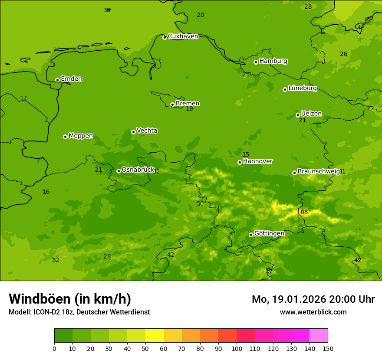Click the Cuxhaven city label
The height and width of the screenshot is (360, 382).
pos(183,36)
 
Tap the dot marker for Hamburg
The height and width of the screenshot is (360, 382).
pos(256,62)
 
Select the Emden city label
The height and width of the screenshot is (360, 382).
pos(71,79)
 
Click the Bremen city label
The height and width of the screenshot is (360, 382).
pos(187,104)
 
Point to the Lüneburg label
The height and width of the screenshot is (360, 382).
pos(302,88)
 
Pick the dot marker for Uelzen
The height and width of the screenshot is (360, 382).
pos(298,115)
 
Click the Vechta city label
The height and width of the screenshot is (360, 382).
pos(147,131)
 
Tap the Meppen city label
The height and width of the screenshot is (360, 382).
pos(80,136)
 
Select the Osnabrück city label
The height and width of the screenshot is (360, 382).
pos(138,170)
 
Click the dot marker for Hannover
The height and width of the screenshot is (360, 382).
pos(240,162)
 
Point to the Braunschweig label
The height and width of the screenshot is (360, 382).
pos(318,172)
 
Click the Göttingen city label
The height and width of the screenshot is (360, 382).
pos(269,233)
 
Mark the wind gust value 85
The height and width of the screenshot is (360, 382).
pos(304,212)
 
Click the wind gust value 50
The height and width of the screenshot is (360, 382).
pos(200,203)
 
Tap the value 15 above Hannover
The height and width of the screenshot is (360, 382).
pos(246,154)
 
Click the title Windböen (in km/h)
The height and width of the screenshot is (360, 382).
pos(70,299)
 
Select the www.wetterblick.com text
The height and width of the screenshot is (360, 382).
pos(313,312)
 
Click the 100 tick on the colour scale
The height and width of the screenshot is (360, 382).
pos(237,348)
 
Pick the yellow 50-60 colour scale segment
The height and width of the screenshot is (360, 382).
pos(155,335)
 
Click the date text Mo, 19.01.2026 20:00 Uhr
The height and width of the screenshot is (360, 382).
pos(313,299)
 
